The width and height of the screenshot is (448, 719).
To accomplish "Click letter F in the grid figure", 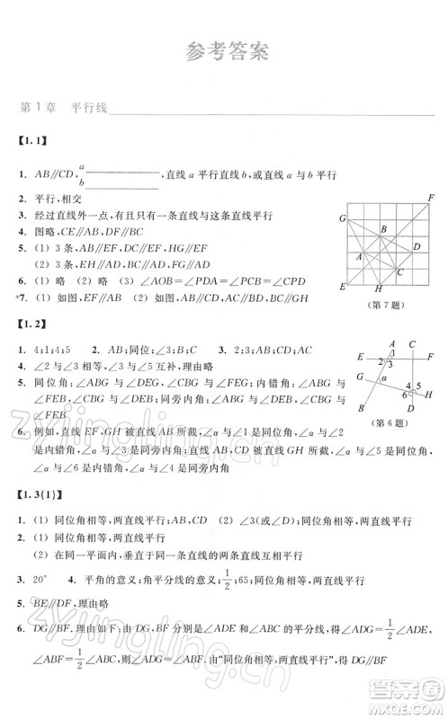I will click(431, 198).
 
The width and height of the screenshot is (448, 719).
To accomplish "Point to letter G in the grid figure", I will click(343, 218).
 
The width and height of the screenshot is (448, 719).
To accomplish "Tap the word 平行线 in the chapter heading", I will click(89, 108).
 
